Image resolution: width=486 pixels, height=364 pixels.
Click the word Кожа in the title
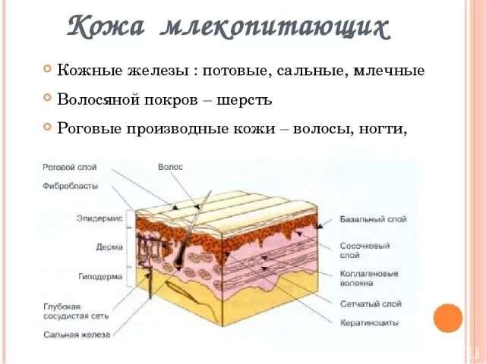tap(107, 27)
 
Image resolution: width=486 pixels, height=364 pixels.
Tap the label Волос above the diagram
tap(170, 167)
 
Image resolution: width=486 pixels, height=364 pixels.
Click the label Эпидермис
tap(99, 218)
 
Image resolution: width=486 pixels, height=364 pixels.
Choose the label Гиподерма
tap(100, 277)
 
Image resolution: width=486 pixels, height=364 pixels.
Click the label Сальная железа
tap(76, 334)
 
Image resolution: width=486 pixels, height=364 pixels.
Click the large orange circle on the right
tap(448, 317)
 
